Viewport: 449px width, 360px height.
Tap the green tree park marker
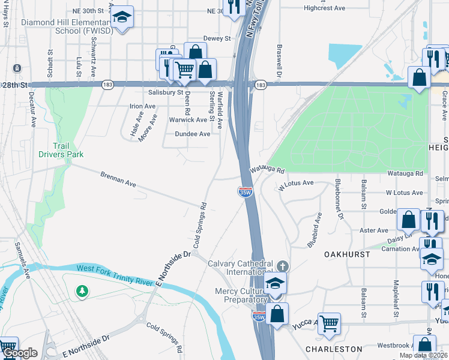click(82, 292)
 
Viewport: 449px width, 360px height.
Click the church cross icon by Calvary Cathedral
click(283, 265)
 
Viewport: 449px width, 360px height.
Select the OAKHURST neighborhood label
click(347, 254)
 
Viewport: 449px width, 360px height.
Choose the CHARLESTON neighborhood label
click(334, 349)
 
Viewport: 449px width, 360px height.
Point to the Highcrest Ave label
click(324, 8)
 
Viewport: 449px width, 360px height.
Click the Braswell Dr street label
click(279, 61)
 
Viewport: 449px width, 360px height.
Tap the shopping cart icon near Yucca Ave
click(329, 323)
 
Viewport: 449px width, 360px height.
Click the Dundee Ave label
click(192, 134)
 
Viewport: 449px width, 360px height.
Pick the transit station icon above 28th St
click(17, 68)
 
